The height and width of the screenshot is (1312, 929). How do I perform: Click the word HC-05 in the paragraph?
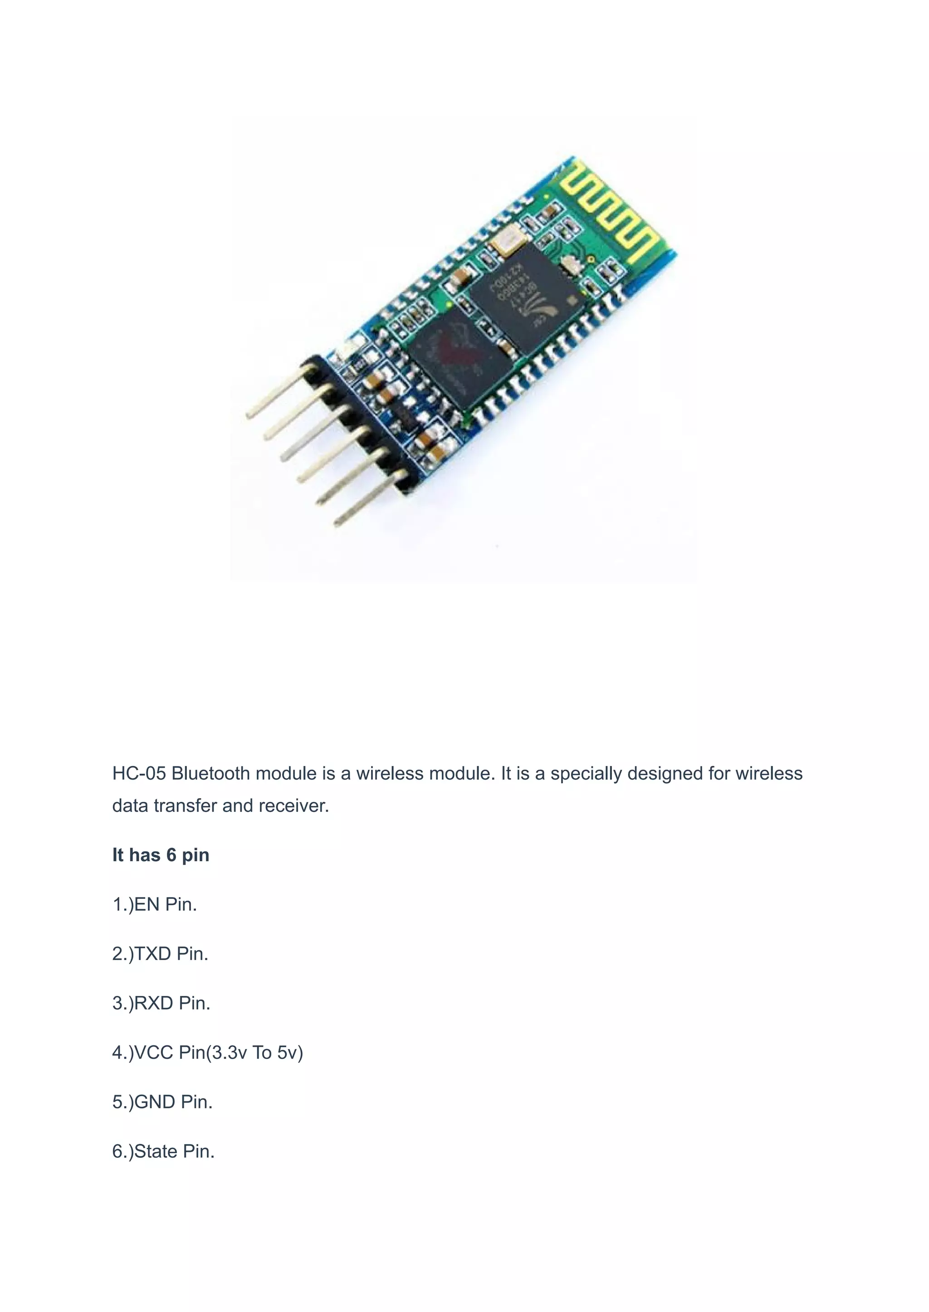139,773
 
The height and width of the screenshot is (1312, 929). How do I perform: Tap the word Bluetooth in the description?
210,773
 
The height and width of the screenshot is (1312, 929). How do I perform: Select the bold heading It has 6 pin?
161,855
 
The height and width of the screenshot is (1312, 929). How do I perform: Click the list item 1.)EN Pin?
154,904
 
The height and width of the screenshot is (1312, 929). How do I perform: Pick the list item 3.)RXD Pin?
161,1003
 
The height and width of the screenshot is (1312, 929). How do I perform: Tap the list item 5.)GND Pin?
162,1102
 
